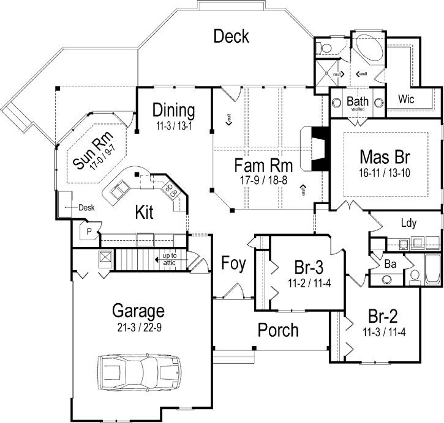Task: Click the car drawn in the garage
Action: (140, 372)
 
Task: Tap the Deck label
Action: (231, 36)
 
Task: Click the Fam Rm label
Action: (263, 166)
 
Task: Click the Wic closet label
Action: (407, 98)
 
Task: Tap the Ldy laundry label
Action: (408, 223)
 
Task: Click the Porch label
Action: (277, 330)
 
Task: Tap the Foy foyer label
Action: (233, 265)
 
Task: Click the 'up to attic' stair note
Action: (170, 258)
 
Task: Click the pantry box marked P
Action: (89, 232)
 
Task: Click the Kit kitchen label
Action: (144, 211)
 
